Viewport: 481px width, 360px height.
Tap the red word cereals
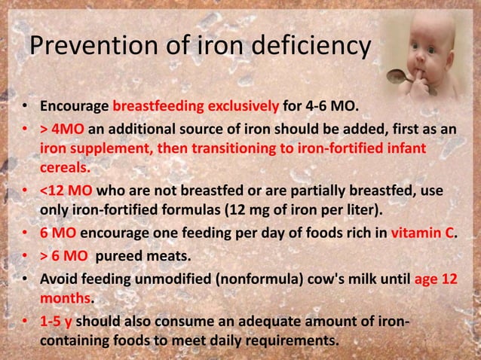coord(65,166)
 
